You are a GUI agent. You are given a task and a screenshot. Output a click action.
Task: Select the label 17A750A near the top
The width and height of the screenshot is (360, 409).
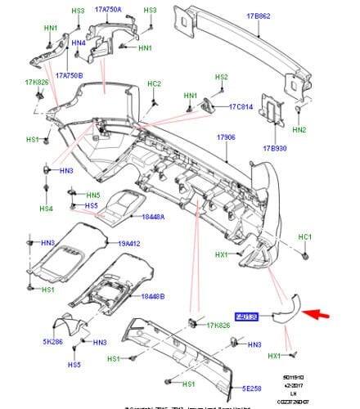(107, 10)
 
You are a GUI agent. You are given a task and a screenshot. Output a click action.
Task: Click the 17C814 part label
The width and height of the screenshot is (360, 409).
(242, 106)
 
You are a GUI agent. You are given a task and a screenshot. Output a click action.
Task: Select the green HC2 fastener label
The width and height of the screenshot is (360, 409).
(155, 83)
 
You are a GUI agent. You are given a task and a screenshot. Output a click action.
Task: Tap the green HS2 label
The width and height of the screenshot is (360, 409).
(221, 77)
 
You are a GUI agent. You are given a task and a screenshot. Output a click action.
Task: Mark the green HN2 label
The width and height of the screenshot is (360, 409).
(299, 130)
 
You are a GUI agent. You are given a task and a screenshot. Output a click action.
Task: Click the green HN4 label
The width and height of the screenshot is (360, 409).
(79, 43)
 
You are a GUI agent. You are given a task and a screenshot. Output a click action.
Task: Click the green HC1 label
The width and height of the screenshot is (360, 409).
(304, 236)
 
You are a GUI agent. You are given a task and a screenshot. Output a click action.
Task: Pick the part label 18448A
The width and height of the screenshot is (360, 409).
(152, 217)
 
